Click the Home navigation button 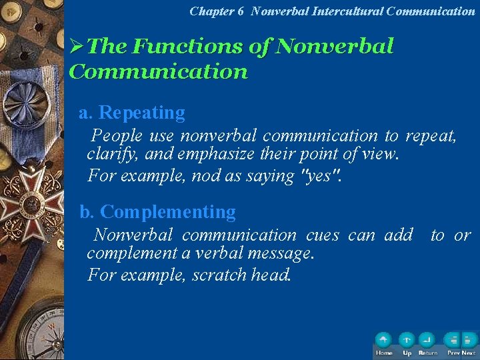click(x=383, y=340)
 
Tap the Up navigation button click(x=407, y=340)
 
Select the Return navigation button click(x=427, y=340)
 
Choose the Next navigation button click(x=469, y=340)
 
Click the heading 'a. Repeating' click(x=132, y=113)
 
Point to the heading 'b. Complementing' click(x=158, y=212)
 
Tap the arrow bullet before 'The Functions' click(x=77, y=47)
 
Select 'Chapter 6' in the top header click(x=217, y=11)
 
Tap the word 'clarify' click(x=109, y=155)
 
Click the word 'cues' click(x=323, y=235)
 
